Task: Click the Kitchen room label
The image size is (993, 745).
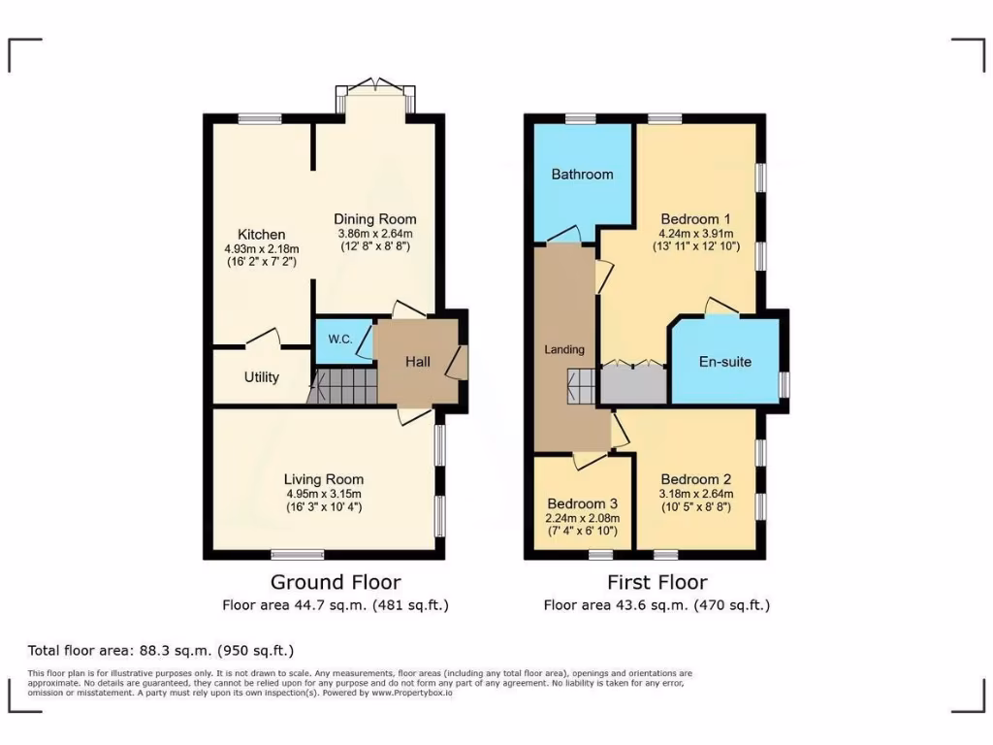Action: pyautogui.click(x=262, y=234)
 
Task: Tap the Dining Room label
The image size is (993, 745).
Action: pyautogui.click(x=374, y=218)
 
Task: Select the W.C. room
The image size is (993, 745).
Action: pyautogui.click(x=339, y=340)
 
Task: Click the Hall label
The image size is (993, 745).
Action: pyautogui.click(x=418, y=361)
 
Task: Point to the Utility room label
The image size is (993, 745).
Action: pyautogui.click(x=262, y=376)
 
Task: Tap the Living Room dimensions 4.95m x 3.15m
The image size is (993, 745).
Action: pyautogui.click(x=324, y=493)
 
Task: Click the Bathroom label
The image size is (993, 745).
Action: pyautogui.click(x=582, y=175)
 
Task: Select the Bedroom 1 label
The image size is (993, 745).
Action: pyautogui.click(x=694, y=218)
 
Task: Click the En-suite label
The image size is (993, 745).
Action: pyautogui.click(x=725, y=362)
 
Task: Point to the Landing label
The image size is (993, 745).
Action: pyautogui.click(x=563, y=349)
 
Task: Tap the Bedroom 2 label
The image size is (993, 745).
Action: pyautogui.click(x=695, y=479)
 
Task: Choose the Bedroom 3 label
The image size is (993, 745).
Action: pyautogui.click(x=582, y=504)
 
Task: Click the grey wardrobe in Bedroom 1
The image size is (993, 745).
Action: pyautogui.click(x=633, y=384)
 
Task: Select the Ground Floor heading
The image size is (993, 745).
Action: pyautogui.click(x=335, y=582)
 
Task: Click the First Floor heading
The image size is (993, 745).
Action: pyautogui.click(x=657, y=582)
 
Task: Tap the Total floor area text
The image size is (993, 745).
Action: pyautogui.click(x=160, y=650)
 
